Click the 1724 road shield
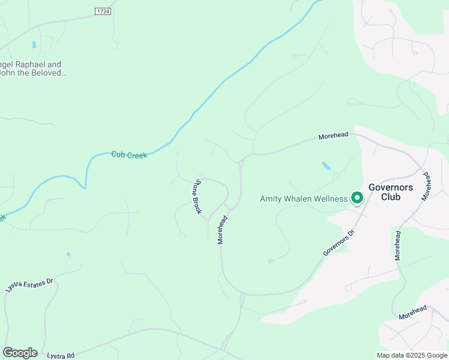point(103,12)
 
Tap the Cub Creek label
point(129,155)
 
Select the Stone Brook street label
point(197,196)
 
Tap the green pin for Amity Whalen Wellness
point(357,197)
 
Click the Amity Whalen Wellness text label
point(303,199)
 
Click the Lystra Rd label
point(62,356)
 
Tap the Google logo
point(20,353)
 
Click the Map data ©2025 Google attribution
point(412,355)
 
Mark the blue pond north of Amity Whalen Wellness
point(326,165)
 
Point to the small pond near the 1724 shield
point(34,44)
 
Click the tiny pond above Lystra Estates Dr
point(68,254)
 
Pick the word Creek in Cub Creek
point(137,155)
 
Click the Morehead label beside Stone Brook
point(221,230)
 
